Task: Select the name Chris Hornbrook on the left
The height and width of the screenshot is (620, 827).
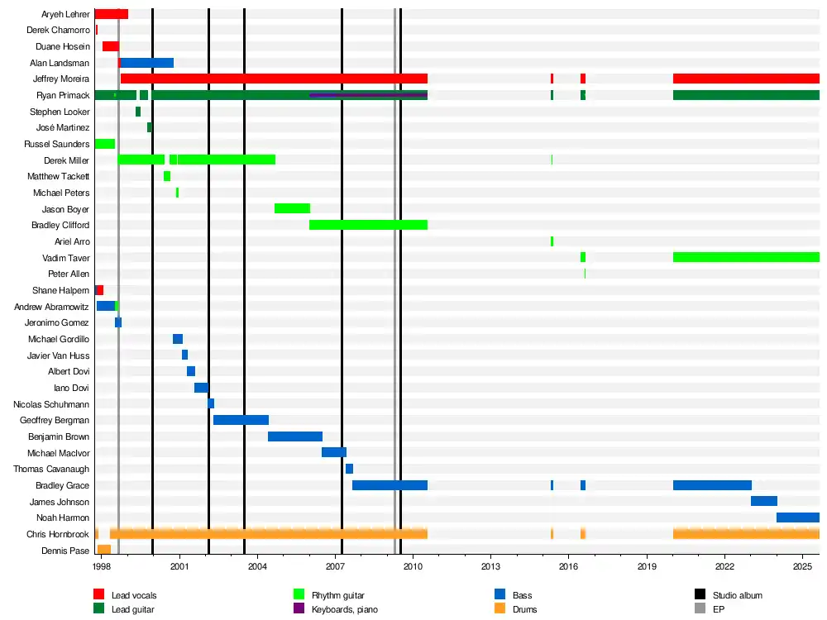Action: (58, 535)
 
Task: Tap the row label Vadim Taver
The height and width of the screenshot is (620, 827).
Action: (66, 258)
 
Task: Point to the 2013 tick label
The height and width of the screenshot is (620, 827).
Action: (490, 566)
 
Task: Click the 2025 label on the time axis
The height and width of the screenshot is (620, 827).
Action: (802, 566)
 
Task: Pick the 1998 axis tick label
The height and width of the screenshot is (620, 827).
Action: (101, 566)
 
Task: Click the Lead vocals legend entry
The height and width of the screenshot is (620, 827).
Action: (133, 595)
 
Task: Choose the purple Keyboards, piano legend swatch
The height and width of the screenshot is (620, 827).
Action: (299, 609)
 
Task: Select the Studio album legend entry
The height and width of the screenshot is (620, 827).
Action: (737, 595)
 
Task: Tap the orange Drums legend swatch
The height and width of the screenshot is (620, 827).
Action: (500, 609)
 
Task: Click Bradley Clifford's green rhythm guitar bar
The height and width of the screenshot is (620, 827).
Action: (368, 225)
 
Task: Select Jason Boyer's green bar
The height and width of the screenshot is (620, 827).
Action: (292, 208)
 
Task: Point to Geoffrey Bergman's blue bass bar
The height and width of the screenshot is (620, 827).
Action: (241, 420)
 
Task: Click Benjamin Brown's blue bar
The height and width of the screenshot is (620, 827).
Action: (294, 436)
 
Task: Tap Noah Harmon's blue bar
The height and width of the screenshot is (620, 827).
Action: (797, 517)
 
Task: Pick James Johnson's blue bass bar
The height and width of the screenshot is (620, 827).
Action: (763, 501)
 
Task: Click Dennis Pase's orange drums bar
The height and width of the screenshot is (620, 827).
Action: (104, 550)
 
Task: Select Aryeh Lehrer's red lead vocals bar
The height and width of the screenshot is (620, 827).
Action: (111, 14)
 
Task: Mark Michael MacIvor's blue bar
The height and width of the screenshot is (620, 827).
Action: (333, 452)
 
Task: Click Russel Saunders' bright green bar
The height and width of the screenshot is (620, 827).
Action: (104, 144)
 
